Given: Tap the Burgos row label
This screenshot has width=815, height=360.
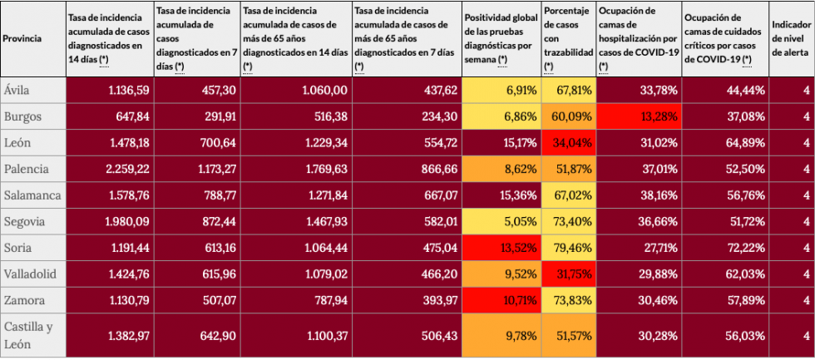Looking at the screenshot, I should coord(22,116).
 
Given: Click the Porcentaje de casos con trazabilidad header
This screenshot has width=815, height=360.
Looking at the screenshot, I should coord(568,38).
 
